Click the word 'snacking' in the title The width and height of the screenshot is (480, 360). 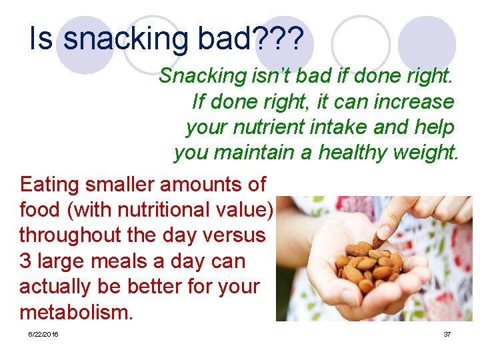tap(127, 40)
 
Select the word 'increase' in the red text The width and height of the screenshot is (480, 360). tap(413, 101)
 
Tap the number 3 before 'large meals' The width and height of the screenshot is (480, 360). tap(25, 261)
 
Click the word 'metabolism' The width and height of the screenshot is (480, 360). tap(76, 311)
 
